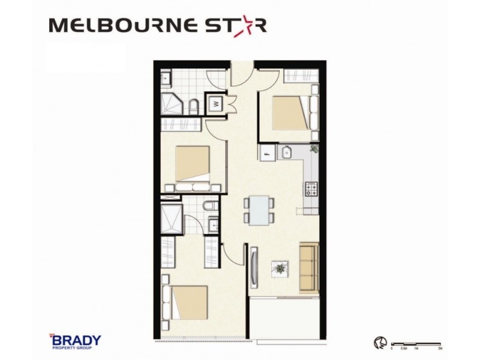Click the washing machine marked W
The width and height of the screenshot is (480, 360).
point(215,103)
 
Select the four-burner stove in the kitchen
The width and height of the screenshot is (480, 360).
point(312,190)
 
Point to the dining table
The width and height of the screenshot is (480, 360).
point(259,211)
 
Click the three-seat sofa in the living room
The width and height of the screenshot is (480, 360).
point(309,268)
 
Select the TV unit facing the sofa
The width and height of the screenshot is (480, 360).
point(255,268)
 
